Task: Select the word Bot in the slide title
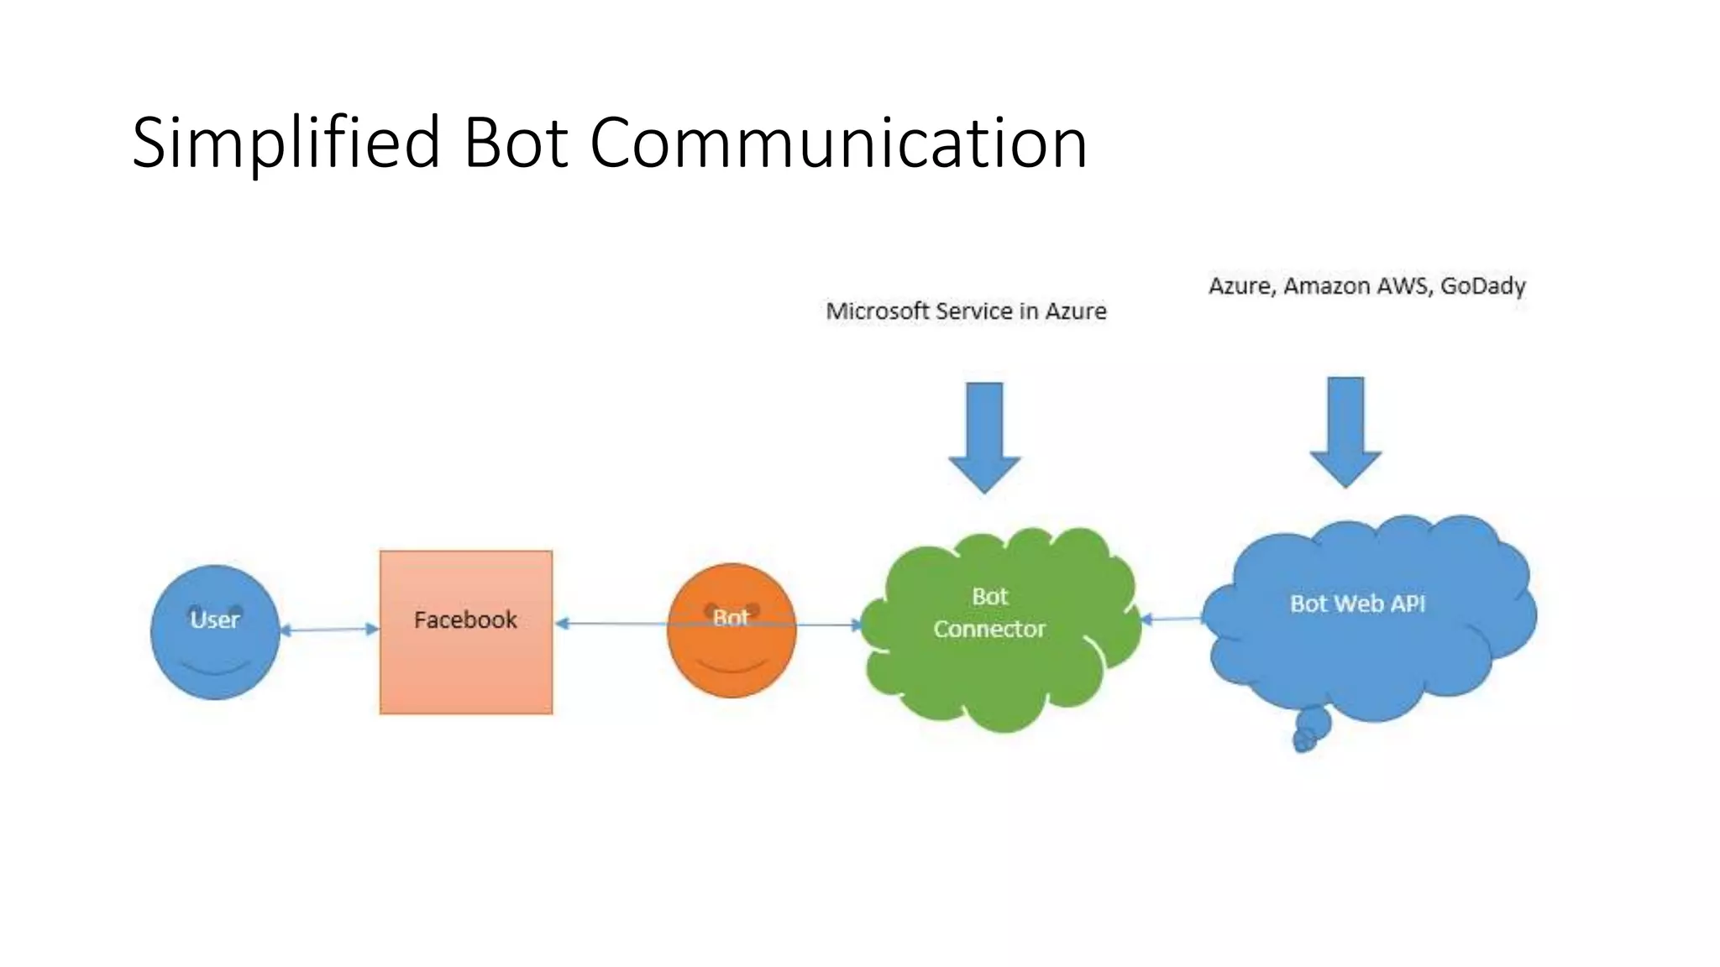point(516,144)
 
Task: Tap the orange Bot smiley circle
point(732,655)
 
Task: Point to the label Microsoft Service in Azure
point(966,311)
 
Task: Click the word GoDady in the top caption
point(1482,286)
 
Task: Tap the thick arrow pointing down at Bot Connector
point(984,436)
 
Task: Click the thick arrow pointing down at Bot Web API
point(1345,431)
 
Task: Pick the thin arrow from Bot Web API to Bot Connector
point(1172,619)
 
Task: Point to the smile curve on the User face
point(216,669)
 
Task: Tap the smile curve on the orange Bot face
point(732,667)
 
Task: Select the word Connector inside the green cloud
point(989,629)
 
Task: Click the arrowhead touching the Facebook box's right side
point(562,623)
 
